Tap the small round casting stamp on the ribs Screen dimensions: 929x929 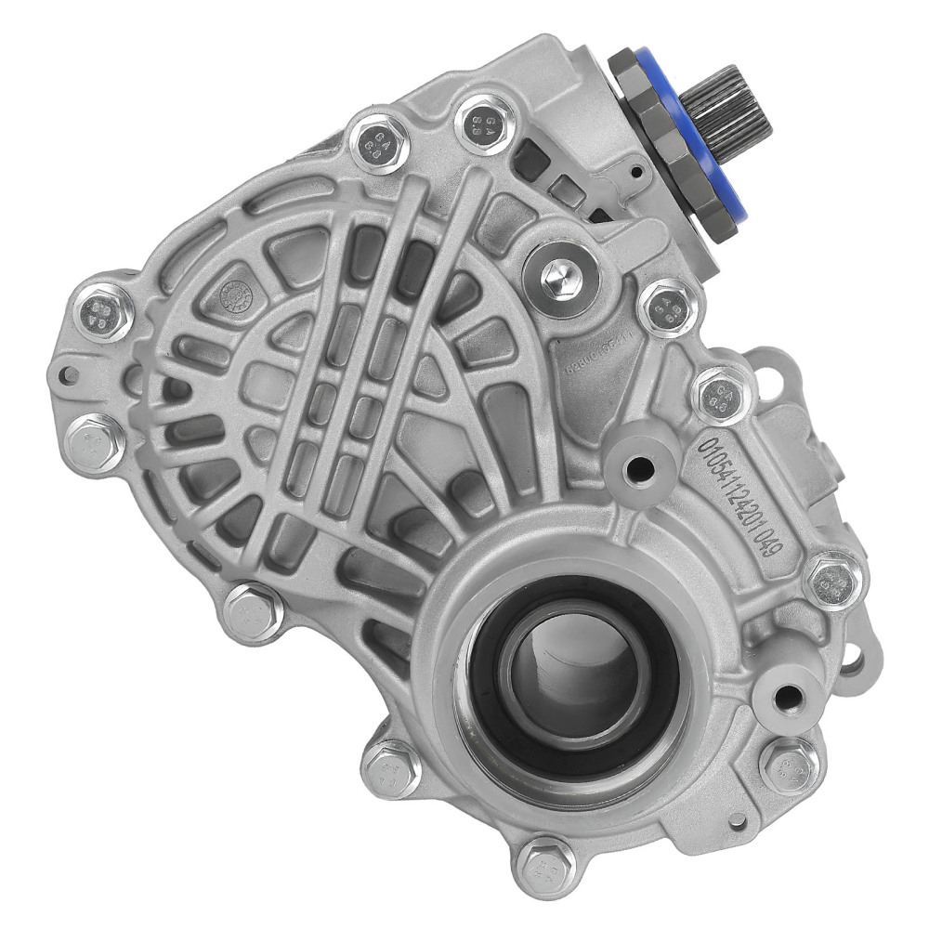tap(234, 294)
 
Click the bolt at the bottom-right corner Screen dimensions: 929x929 tap(790, 765)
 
